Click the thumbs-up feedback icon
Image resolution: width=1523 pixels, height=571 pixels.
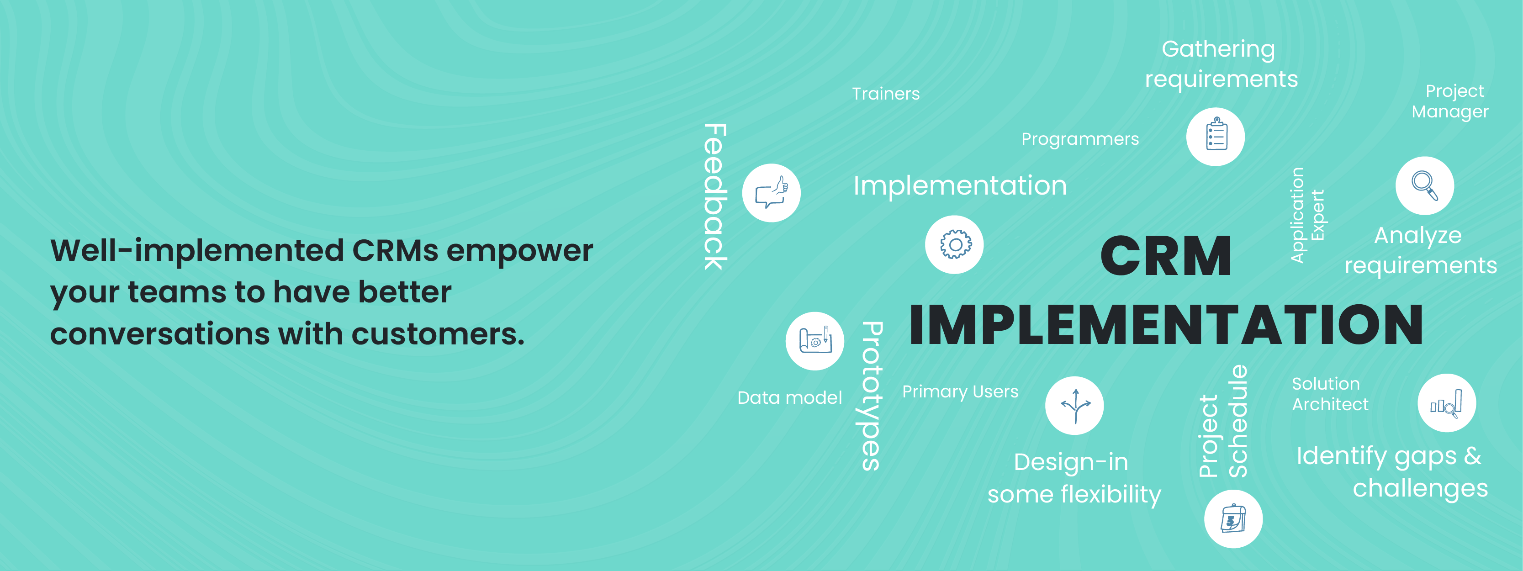point(772,193)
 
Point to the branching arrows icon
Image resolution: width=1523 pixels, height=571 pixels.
point(1074,406)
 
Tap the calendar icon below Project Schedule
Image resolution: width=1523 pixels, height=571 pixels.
point(1233,519)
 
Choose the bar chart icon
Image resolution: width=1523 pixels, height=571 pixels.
point(1447,403)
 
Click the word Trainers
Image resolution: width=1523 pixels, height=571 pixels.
point(886,93)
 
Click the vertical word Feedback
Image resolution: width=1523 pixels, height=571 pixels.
point(715,197)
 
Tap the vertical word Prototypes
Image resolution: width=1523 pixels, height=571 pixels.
point(872,396)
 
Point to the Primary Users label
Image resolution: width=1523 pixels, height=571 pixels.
point(960,391)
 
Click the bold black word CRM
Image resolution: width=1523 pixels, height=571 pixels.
point(1166,256)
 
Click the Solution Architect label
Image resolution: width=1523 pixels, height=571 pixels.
point(1330,394)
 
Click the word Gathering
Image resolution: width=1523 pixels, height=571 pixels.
point(1218,49)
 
